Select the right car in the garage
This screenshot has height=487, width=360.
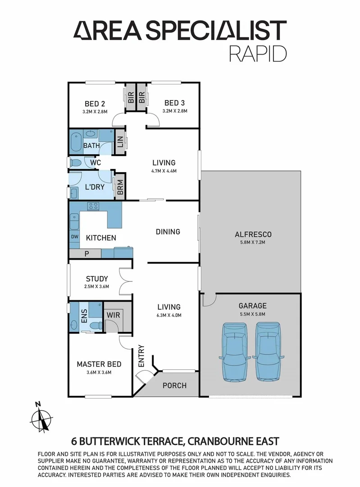[267, 347]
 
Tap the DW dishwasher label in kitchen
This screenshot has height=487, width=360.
[74, 237]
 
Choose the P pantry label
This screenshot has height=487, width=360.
[86, 253]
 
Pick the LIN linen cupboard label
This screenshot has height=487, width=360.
[120, 144]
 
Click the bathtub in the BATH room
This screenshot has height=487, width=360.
[75, 141]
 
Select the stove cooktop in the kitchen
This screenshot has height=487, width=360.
[93, 207]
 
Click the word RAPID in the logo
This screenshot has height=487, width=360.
[258, 53]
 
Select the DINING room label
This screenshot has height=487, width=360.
[168, 231]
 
